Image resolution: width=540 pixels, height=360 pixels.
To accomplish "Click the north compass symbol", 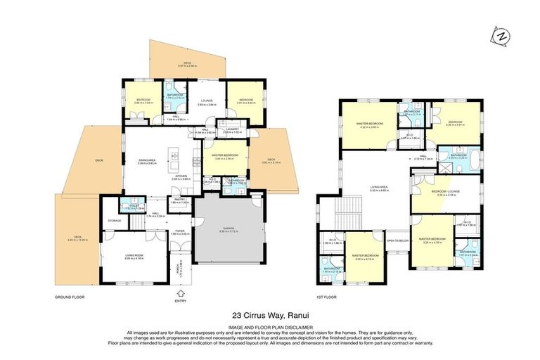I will click(x=500, y=36).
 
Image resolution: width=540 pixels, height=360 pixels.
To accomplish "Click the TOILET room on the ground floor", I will click(x=128, y=205).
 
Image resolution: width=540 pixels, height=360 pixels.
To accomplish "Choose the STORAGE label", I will click(x=115, y=221).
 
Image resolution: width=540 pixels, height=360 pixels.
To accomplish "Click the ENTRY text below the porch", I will click(x=181, y=301).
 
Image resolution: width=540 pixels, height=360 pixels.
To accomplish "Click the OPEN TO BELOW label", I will click(x=397, y=240).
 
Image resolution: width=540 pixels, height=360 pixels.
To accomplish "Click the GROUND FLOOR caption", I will click(x=70, y=297).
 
